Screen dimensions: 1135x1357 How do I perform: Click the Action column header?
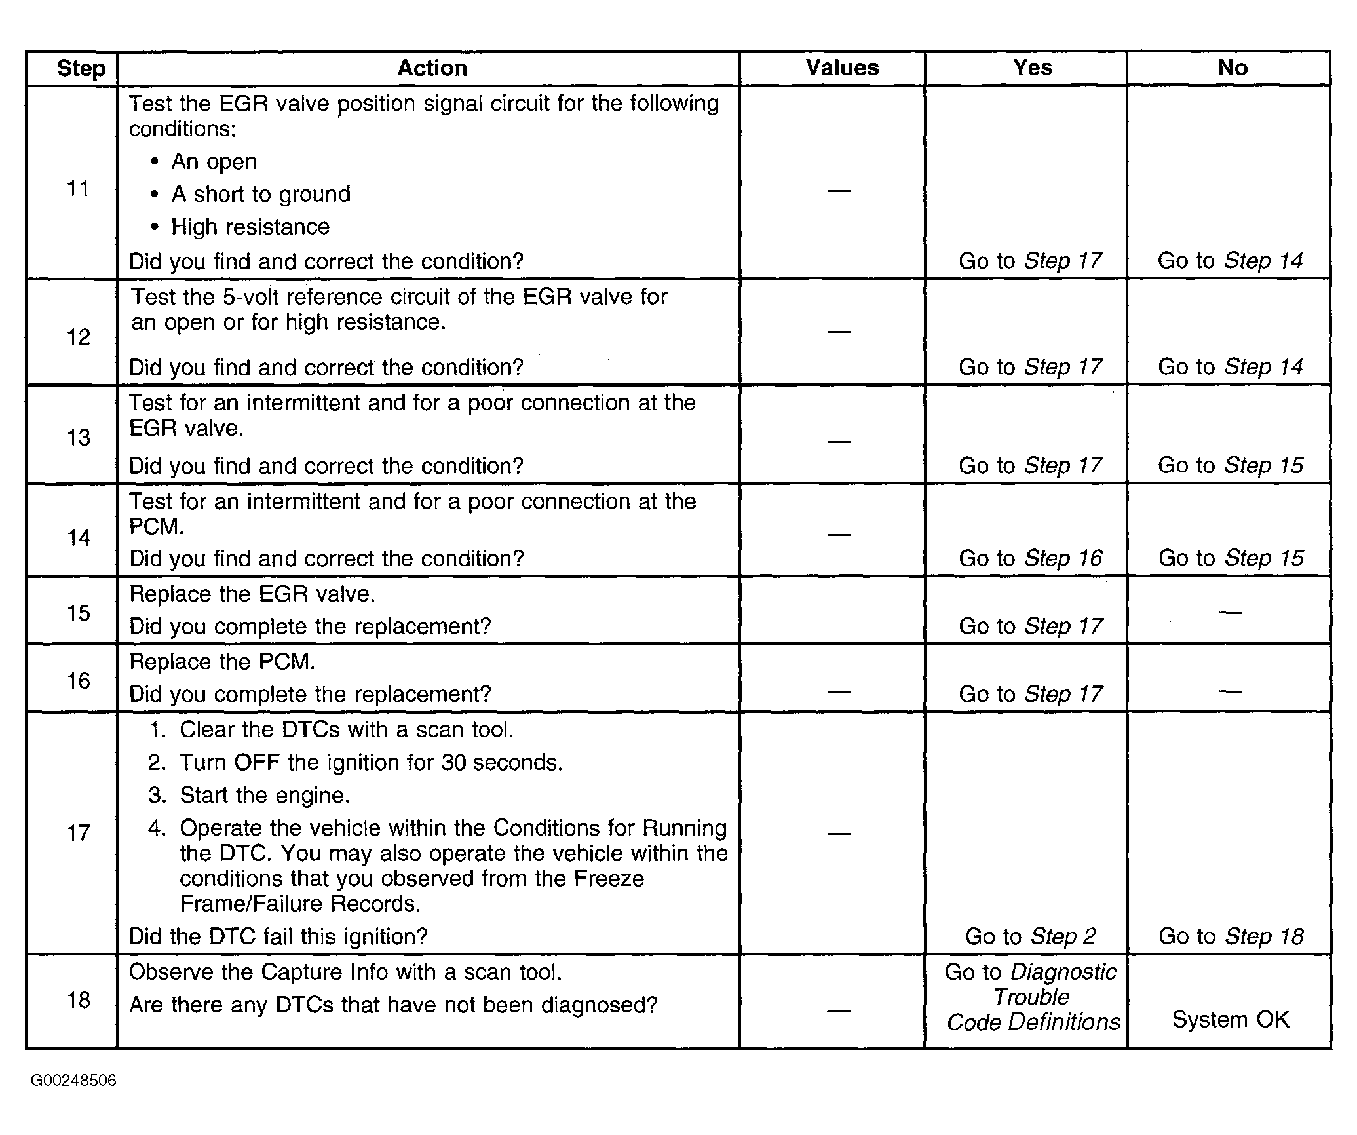click(432, 68)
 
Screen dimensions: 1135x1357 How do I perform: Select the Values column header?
click(842, 67)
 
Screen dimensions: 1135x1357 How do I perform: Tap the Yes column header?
click(1032, 67)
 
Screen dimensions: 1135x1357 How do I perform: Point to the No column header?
click(1232, 67)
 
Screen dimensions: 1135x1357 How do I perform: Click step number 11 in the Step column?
click(78, 189)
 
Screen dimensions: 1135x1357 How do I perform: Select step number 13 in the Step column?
click(79, 437)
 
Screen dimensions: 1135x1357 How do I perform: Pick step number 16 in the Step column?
click(79, 681)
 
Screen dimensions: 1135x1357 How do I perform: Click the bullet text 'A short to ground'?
click(261, 194)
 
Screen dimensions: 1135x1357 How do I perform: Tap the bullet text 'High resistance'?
click(250, 227)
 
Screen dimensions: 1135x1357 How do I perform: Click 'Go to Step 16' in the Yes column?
click(1031, 558)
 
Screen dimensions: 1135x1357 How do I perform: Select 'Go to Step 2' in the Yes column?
click(1031, 936)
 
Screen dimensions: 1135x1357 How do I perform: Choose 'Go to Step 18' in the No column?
click(1231, 936)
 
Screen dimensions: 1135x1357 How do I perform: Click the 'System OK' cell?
click(1231, 1020)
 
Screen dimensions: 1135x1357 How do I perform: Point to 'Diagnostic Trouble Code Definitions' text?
click(1032, 997)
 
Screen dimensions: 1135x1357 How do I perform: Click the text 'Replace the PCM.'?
click(222, 662)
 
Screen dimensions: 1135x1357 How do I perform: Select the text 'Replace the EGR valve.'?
click(252, 594)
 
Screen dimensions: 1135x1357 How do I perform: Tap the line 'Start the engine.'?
click(265, 796)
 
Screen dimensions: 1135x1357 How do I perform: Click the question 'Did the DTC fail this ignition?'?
click(278, 936)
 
